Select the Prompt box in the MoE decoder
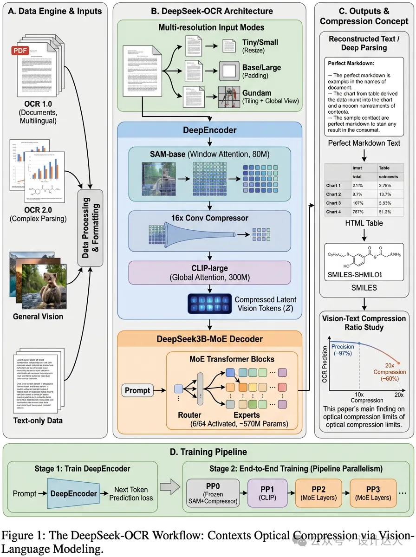click(x=137, y=390)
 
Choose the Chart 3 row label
click(x=334, y=203)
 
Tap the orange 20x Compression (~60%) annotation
click(x=390, y=372)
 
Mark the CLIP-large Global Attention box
click(x=210, y=272)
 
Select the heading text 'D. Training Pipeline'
click(x=208, y=452)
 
